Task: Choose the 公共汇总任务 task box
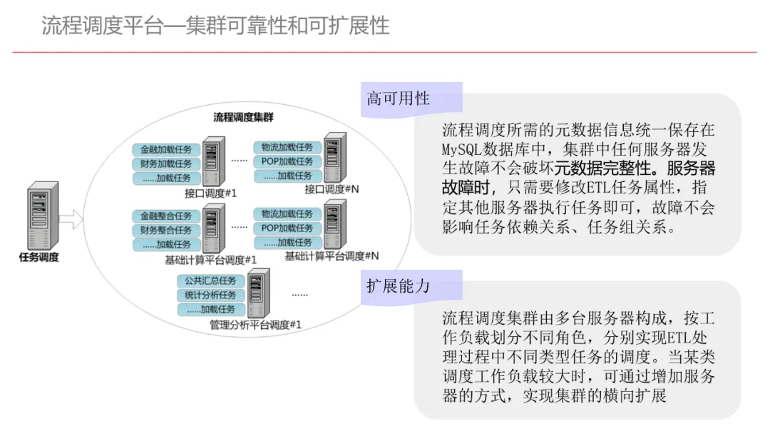click(x=210, y=281)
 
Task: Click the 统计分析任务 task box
click(x=210, y=295)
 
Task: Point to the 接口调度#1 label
click(x=210, y=193)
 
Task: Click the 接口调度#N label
click(x=332, y=189)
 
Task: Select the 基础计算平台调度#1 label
click(x=210, y=259)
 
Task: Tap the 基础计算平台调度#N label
click(x=332, y=256)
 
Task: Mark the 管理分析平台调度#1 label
click(x=255, y=325)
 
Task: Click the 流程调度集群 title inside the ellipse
click(x=243, y=118)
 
